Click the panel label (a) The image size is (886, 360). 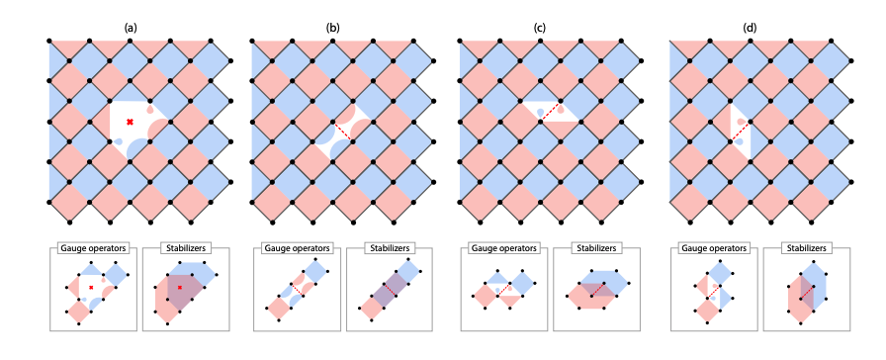(x=129, y=27)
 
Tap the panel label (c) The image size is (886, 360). (x=540, y=27)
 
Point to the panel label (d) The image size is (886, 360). (x=750, y=27)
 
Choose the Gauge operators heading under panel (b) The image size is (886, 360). (x=295, y=247)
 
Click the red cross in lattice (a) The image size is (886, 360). (x=130, y=122)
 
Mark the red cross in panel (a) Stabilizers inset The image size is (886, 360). (x=180, y=288)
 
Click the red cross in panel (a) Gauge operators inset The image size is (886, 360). (x=91, y=288)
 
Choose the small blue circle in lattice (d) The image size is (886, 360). (x=740, y=142)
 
